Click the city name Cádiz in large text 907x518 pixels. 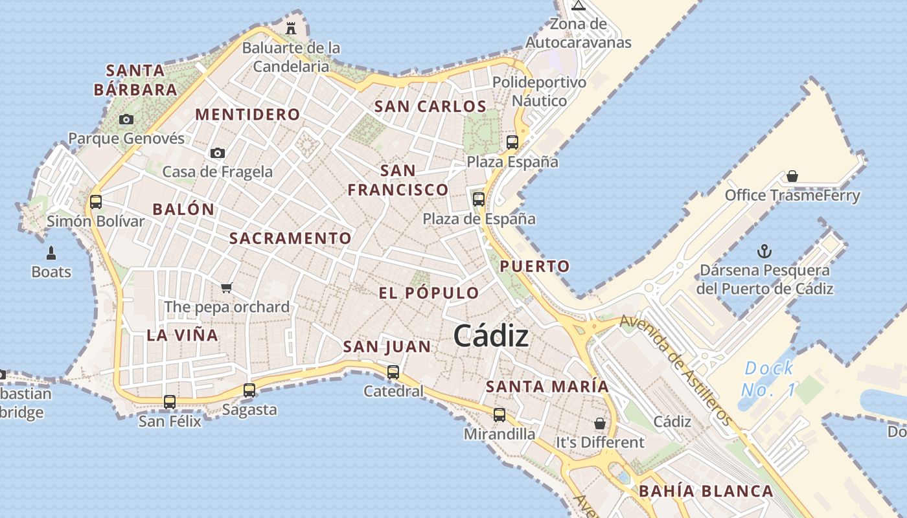click(x=490, y=336)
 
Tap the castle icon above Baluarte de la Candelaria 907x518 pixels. click(x=291, y=28)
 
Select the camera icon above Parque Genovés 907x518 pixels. click(x=126, y=119)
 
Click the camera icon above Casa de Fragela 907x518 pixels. click(x=218, y=153)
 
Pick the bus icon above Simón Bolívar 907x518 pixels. click(x=96, y=201)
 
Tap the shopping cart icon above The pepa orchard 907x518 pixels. click(x=226, y=287)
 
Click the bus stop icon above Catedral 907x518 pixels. click(x=393, y=372)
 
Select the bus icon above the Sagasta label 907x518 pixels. click(x=249, y=390)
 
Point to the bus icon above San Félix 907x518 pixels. click(x=170, y=401)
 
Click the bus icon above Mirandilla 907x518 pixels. click(x=499, y=414)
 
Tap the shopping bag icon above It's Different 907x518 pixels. click(x=600, y=423)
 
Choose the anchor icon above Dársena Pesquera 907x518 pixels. click(x=764, y=251)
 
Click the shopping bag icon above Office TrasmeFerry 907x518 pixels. click(x=792, y=176)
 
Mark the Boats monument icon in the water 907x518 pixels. click(x=51, y=253)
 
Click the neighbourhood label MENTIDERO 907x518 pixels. click(x=248, y=115)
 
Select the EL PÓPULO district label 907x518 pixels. click(x=429, y=293)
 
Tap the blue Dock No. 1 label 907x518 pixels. click(x=768, y=379)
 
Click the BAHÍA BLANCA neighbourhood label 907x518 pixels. click(x=706, y=491)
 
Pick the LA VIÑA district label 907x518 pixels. click(x=182, y=335)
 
